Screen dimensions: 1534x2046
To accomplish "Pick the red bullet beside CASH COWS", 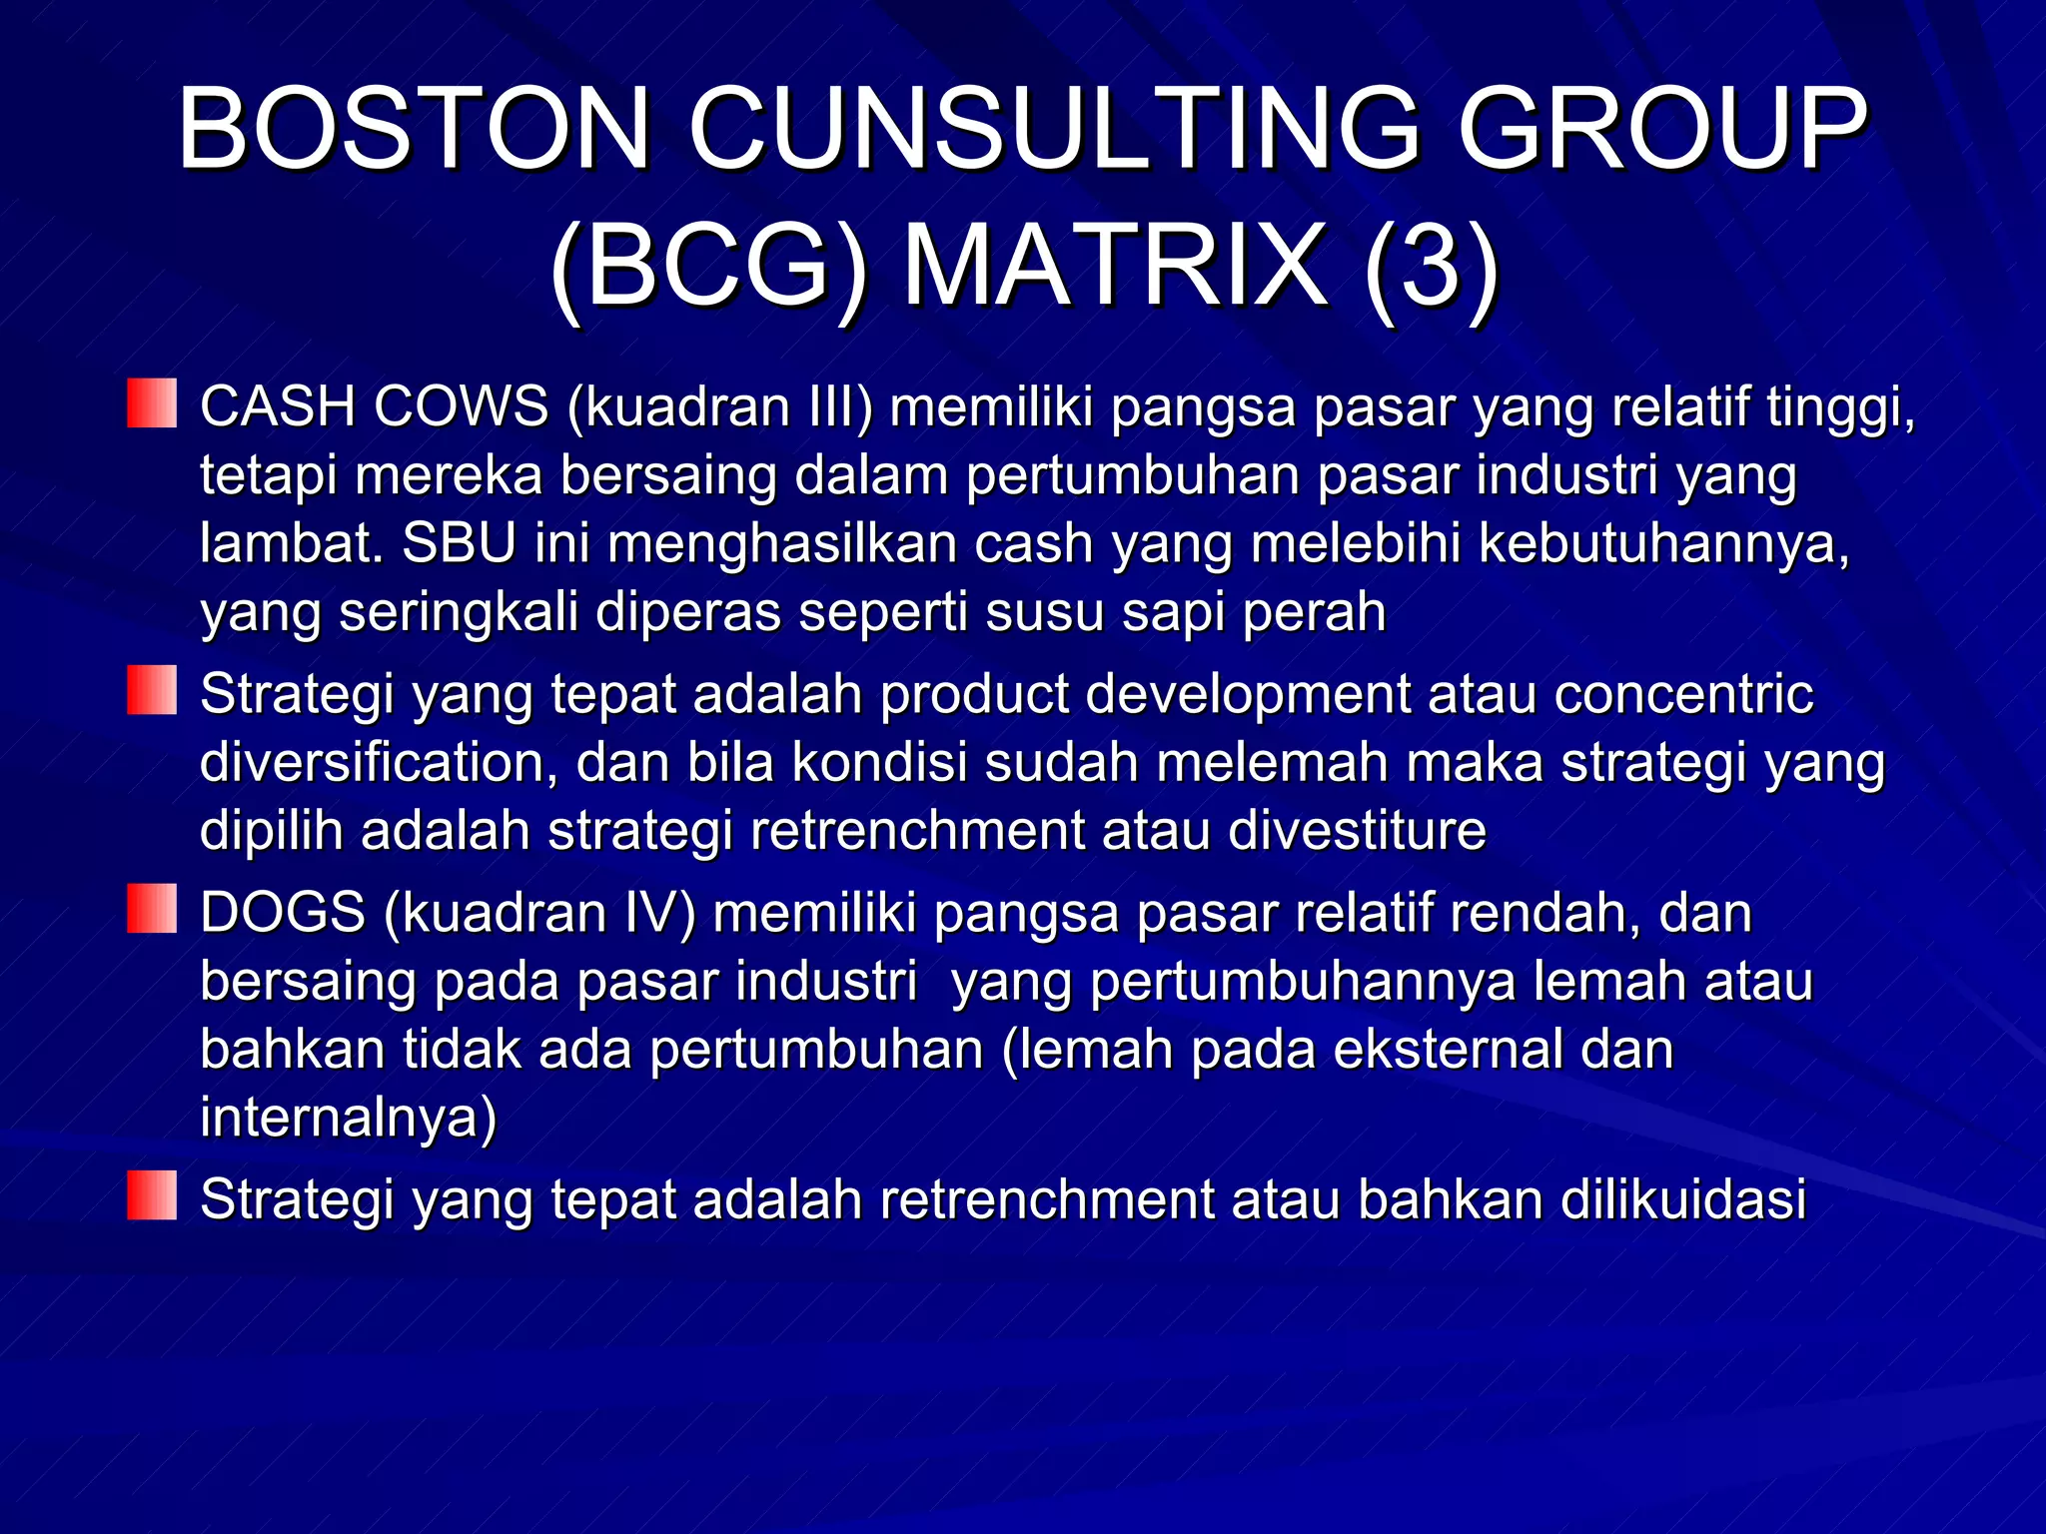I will click(152, 403).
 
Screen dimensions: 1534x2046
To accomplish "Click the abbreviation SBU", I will click(459, 544).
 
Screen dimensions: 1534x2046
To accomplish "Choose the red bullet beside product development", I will click(152, 690).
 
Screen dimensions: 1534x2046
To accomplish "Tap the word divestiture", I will click(1357, 831).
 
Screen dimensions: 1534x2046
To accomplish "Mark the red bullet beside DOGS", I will click(152, 909).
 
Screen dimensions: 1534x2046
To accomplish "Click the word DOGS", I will click(283, 913).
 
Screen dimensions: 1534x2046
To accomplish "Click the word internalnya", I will click(348, 1118).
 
